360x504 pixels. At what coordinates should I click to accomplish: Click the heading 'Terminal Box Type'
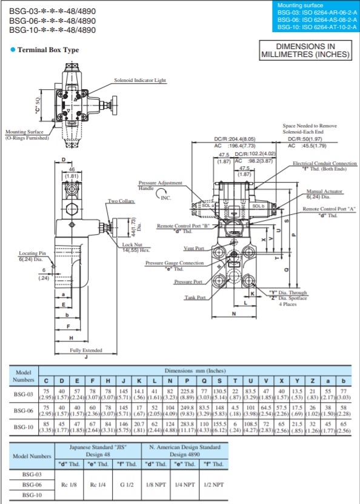click(48, 50)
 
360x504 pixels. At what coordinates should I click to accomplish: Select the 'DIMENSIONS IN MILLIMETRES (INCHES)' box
click(305, 50)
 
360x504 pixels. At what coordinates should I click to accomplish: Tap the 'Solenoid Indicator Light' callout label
click(140, 80)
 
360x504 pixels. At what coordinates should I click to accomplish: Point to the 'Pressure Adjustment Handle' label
click(156, 185)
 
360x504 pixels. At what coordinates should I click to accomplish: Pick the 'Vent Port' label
click(194, 249)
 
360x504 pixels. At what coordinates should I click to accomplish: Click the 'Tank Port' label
click(195, 297)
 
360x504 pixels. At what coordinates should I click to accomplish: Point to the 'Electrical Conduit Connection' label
click(324, 164)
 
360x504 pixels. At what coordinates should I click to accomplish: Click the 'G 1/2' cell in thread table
click(128, 485)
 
